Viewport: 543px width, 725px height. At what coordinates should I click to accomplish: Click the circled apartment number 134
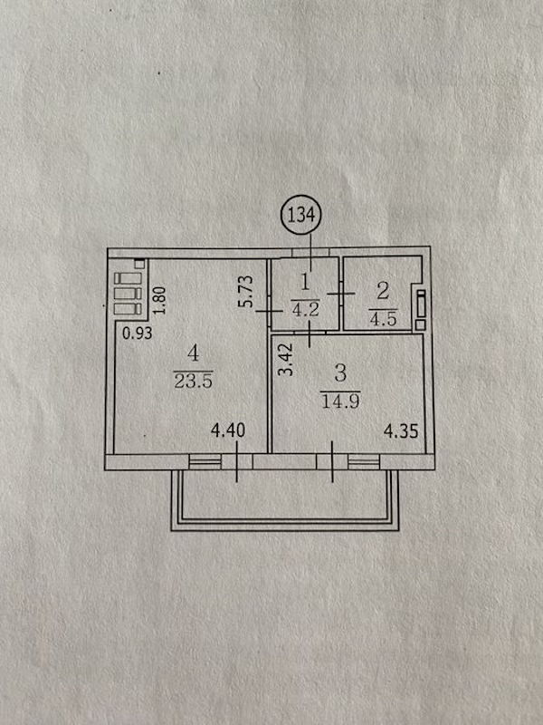click(x=300, y=215)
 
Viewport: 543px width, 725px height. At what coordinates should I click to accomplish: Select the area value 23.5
click(x=193, y=380)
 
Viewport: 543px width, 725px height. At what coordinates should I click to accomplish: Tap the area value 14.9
click(x=341, y=401)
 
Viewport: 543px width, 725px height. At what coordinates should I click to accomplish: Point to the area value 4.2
click(x=305, y=308)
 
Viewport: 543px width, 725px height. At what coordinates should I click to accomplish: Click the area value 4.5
click(x=383, y=319)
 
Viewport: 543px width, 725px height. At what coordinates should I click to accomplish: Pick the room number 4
click(x=193, y=354)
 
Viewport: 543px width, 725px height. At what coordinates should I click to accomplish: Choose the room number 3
click(x=340, y=373)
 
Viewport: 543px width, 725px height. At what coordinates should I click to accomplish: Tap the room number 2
click(x=383, y=291)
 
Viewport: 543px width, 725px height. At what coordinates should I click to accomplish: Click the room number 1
click(x=305, y=283)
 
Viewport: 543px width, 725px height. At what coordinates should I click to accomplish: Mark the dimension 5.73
click(x=246, y=291)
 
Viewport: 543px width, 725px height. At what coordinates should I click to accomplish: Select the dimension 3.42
click(x=287, y=359)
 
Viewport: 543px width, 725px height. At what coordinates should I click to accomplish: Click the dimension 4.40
click(x=228, y=431)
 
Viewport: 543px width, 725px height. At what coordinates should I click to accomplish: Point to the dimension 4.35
click(x=401, y=431)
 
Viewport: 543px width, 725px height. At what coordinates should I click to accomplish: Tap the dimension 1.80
click(x=159, y=300)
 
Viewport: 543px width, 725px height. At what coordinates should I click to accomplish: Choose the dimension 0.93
click(x=138, y=333)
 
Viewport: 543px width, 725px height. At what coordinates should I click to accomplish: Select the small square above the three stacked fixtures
click(x=139, y=265)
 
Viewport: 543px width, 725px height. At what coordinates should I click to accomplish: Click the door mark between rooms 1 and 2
click(x=341, y=293)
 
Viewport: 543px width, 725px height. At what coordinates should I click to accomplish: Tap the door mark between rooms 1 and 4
click(x=270, y=312)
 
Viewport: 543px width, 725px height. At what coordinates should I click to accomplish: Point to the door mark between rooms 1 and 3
click(x=310, y=332)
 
